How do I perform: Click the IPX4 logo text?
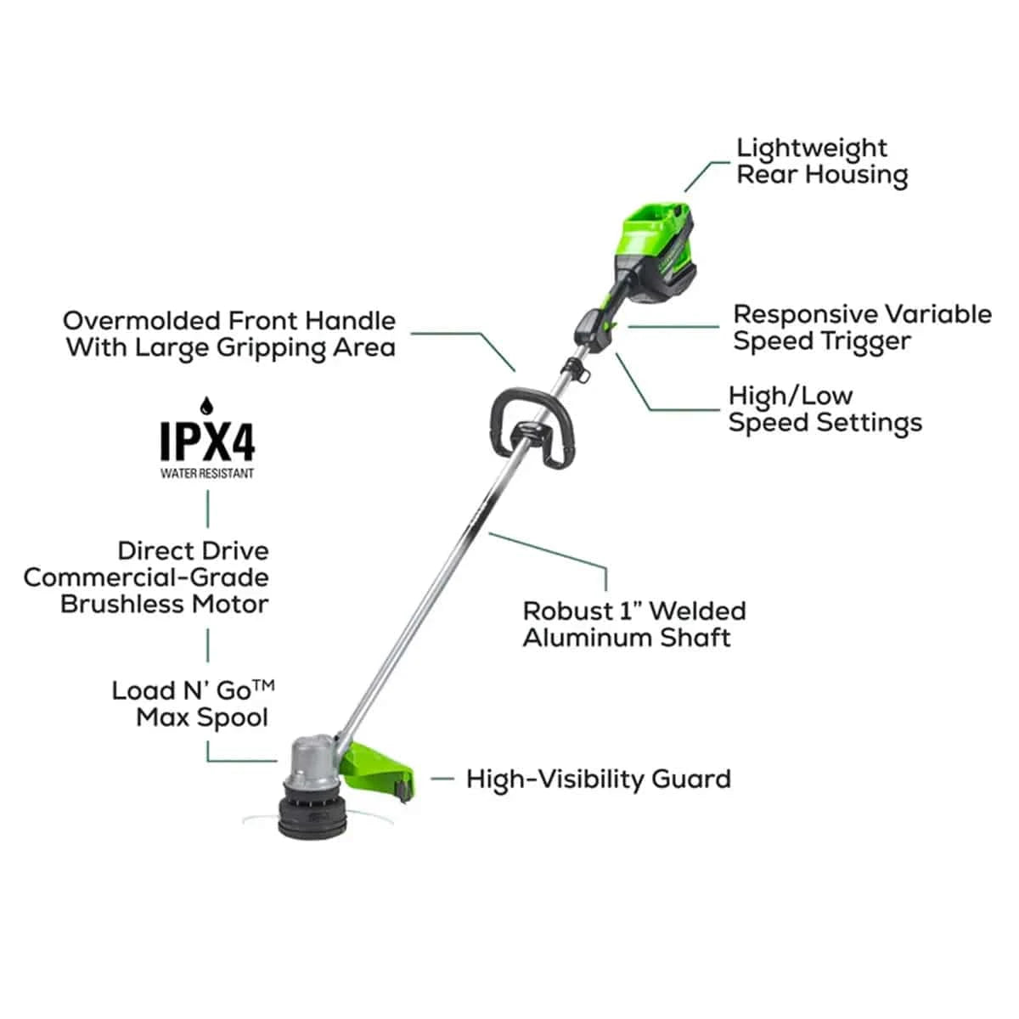[x=208, y=441]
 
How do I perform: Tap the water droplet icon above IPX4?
[x=206, y=406]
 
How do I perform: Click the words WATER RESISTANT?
[x=207, y=473]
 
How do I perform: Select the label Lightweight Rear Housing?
[x=822, y=162]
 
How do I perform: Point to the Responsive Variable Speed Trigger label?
[x=863, y=328]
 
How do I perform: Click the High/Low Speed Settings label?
[x=825, y=410]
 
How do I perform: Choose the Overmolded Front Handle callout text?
[x=229, y=335]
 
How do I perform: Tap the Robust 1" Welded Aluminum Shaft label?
[x=634, y=624]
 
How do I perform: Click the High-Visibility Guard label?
[x=599, y=779]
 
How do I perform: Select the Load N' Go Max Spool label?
[x=193, y=704]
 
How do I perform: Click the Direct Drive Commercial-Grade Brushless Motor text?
[x=146, y=578]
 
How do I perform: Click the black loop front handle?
[x=532, y=428]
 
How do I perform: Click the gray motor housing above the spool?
[x=312, y=759]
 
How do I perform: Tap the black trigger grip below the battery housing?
[x=596, y=330]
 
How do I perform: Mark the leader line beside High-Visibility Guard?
[x=442, y=779]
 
